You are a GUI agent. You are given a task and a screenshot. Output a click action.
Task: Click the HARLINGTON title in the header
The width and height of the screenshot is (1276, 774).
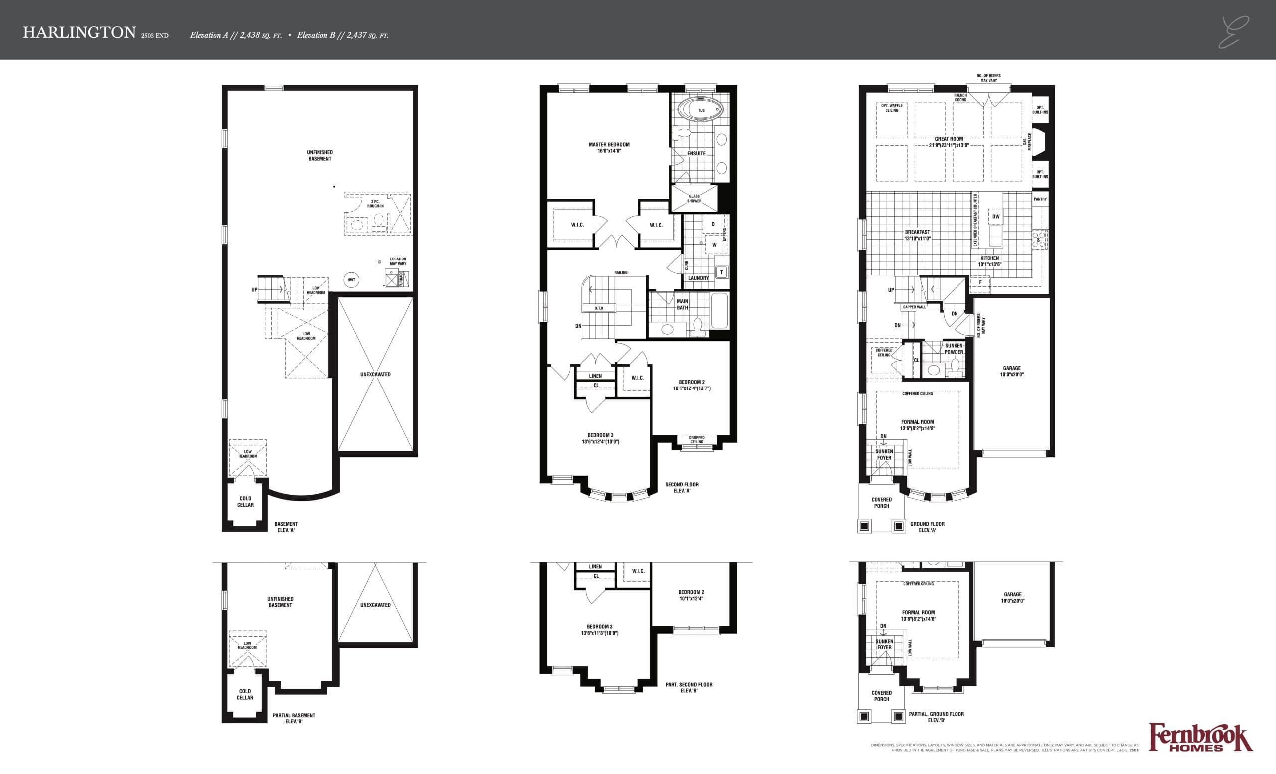79,32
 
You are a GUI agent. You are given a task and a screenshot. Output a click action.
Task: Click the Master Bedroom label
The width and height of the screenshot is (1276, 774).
609,147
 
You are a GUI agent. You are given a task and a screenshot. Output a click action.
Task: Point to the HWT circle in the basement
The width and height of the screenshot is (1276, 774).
351,280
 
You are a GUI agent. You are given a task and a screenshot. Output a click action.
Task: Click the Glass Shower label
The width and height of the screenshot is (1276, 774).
694,199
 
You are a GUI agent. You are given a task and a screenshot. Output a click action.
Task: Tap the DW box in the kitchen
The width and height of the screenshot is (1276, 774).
995,216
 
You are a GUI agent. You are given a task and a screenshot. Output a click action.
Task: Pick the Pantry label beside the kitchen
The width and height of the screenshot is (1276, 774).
1040,199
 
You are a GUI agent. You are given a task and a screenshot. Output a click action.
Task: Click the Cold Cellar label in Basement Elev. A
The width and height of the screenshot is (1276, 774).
245,502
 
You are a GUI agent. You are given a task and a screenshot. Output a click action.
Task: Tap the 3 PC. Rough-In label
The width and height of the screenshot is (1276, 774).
375,203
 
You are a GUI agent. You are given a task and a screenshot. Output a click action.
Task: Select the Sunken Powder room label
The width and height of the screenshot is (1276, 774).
954,349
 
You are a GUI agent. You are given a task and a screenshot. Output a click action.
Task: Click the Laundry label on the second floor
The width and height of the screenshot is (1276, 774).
698,278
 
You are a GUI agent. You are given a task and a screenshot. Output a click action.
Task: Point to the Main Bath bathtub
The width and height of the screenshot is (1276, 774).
719,310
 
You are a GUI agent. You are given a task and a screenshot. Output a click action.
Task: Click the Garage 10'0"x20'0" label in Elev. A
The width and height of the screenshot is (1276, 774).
1011,371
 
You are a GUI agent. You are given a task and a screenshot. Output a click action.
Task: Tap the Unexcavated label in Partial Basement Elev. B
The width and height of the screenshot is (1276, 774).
375,604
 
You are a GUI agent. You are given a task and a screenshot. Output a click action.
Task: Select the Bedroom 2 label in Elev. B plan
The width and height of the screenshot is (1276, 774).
691,595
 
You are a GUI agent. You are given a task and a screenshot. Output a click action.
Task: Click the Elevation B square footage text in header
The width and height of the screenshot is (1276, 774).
342,36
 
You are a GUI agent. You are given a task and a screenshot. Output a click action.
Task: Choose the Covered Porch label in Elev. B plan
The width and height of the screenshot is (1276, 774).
881,696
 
